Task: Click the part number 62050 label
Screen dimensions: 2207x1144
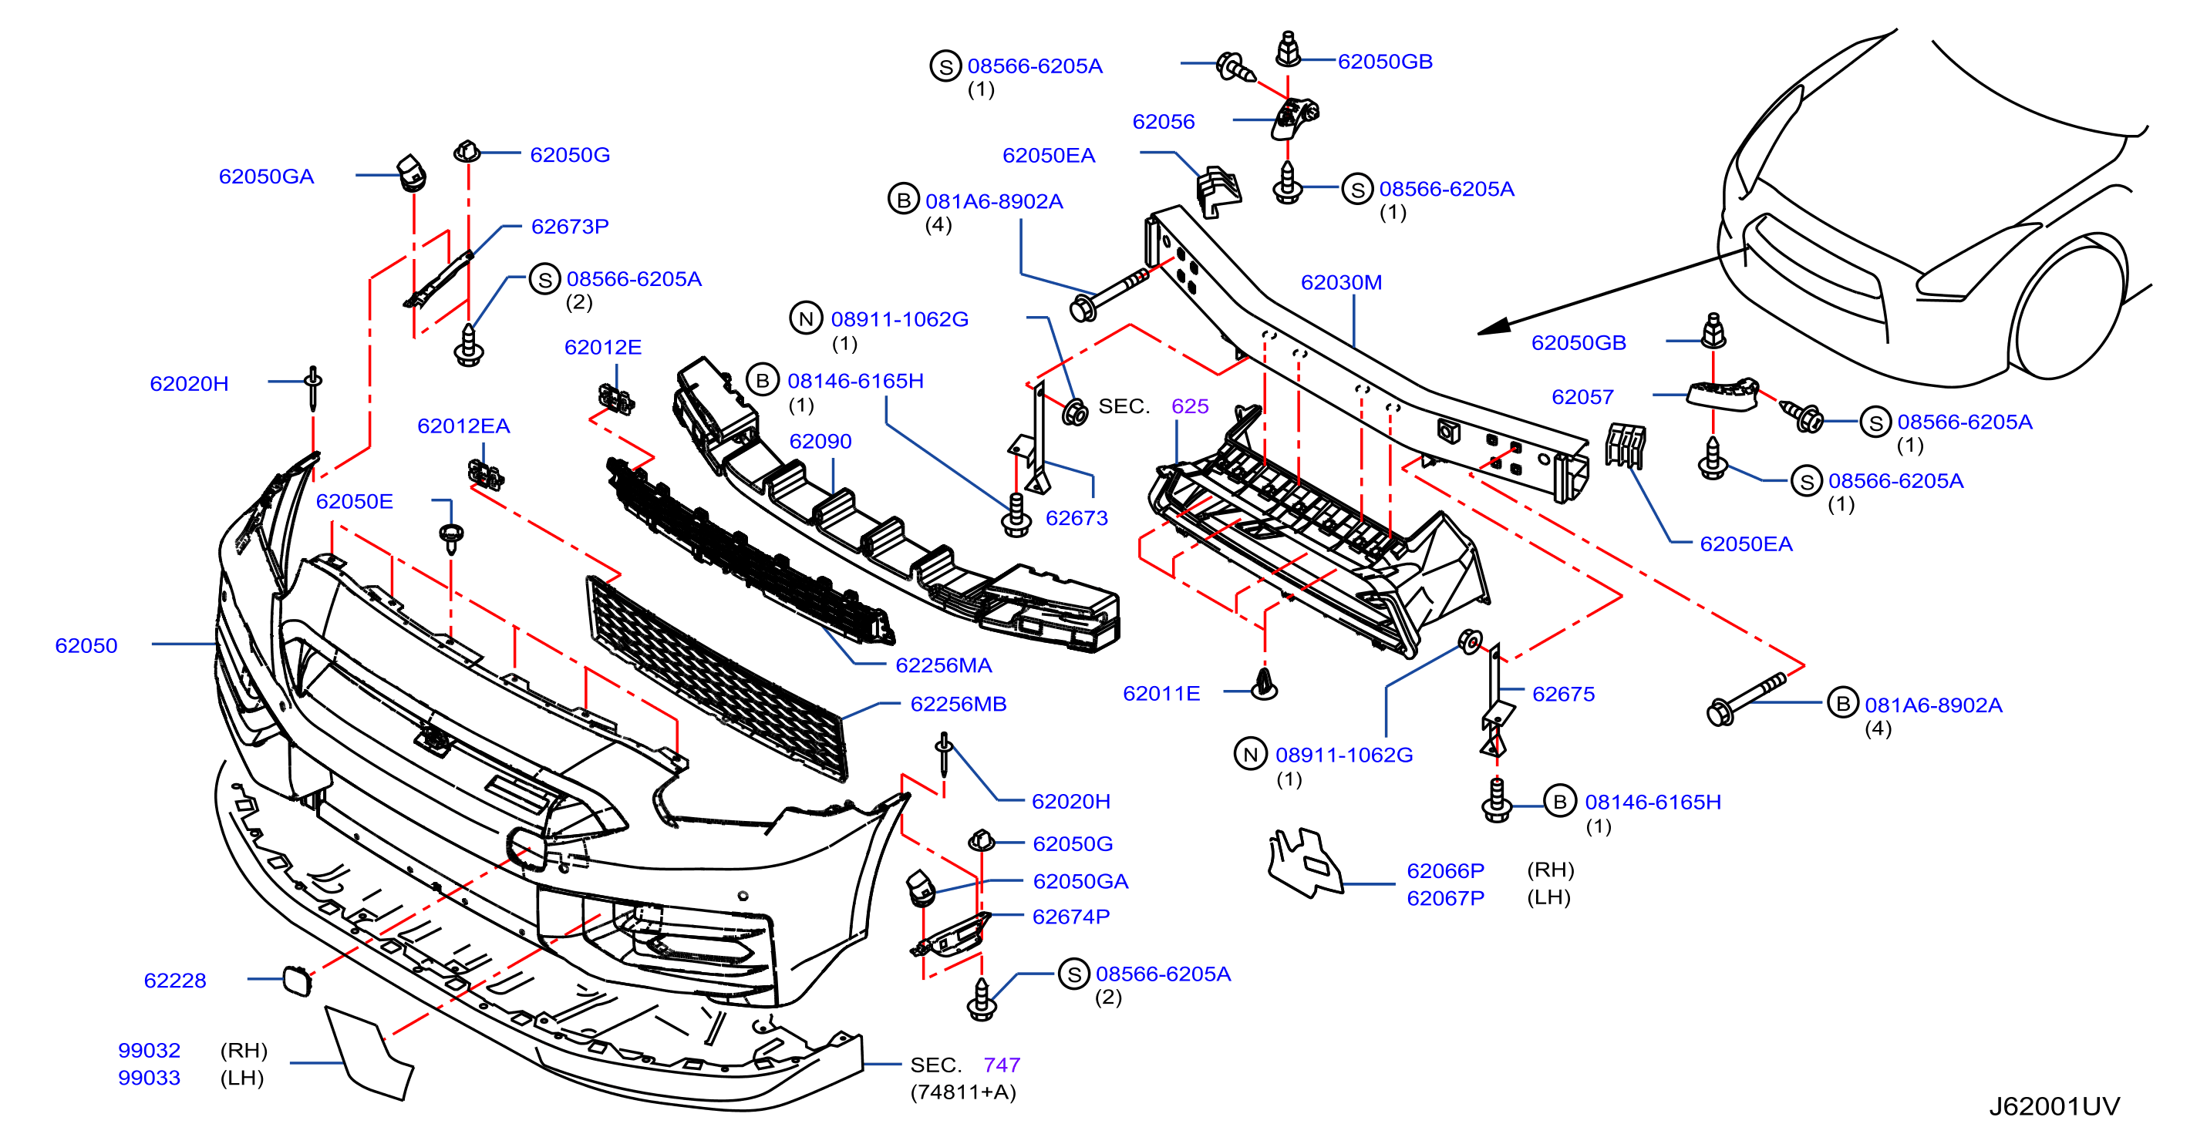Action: [86, 646]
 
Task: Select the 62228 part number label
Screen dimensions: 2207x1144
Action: [175, 981]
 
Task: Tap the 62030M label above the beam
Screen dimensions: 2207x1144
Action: [1341, 283]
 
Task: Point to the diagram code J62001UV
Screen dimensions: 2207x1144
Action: [2054, 1106]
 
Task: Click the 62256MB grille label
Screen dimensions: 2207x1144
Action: [958, 704]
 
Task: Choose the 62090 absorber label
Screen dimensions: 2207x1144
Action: [820, 441]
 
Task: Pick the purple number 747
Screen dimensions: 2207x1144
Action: [1002, 1065]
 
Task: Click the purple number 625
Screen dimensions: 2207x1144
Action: [1189, 406]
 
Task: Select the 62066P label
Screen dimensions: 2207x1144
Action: [1445, 871]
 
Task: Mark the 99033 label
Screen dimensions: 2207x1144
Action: [149, 1078]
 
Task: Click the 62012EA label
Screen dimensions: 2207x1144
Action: [463, 426]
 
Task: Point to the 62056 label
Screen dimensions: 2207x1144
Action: [1164, 122]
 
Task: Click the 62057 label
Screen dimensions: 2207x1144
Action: [1582, 397]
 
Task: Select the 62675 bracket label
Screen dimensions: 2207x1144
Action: [1564, 695]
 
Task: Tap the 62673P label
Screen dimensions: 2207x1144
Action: [570, 227]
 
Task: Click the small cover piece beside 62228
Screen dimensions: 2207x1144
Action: [298, 981]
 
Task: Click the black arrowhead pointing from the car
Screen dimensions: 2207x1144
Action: [1494, 327]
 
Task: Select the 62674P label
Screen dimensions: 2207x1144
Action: [1071, 917]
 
